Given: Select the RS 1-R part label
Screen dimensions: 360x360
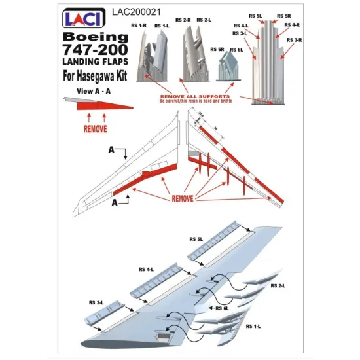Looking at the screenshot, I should (142, 26).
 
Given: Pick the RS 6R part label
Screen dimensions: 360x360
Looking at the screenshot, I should (217, 49).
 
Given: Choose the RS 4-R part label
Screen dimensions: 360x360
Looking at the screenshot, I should (292, 25).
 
